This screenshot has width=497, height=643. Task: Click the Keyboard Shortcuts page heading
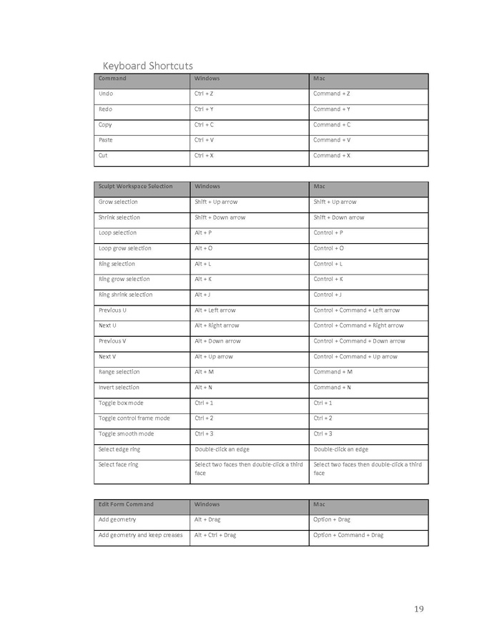[147, 66]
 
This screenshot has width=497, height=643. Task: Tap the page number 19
[418, 609]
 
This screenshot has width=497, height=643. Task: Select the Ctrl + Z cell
[204, 94]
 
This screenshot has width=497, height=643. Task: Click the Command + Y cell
[331, 109]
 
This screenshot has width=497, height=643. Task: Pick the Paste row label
[105, 140]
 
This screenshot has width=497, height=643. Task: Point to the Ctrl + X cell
[204, 155]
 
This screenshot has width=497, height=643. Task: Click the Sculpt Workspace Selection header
[135, 187]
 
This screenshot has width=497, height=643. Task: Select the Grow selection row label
[118, 202]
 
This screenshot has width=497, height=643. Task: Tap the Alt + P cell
[203, 232]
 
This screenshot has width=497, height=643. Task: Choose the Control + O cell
[328, 248]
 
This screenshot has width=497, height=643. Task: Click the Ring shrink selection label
[125, 295]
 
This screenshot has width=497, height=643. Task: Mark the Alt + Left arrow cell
[215, 310]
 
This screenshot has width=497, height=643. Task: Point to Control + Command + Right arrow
[358, 325]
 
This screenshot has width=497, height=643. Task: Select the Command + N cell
[332, 387]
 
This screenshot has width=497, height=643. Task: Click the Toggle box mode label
[120, 403]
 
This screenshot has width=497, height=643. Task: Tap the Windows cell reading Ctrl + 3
[203, 433]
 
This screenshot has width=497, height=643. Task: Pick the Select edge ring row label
[119, 449]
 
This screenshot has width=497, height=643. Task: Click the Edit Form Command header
[126, 504]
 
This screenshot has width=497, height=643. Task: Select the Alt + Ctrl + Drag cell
[215, 535]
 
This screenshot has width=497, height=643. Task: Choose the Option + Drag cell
[331, 519]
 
